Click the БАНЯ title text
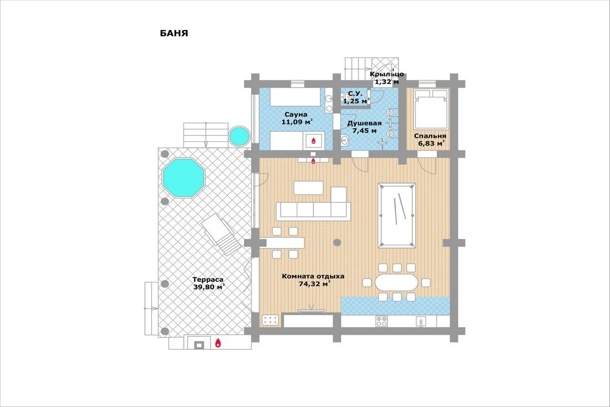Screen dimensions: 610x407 (x=174, y=34)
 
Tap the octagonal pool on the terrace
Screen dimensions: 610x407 (x=184, y=178)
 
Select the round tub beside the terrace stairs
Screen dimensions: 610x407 (x=239, y=136)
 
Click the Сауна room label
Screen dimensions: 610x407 (x=296, y=114)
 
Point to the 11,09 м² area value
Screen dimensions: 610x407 (x=297, y=122)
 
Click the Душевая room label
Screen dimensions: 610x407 (x=364, y=124)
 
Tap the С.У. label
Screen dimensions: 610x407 (x=355, y=94)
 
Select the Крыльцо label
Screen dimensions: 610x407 (x=387, y=74)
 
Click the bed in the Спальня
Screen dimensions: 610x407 (x=431, y=109)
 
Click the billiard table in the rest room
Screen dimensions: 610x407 (x=397, y=215)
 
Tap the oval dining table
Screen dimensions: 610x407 (x=396, y=282)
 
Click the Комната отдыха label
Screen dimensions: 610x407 (x=313, y=276)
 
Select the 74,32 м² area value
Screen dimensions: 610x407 (x=315, y=284)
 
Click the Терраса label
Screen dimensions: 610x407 (x=208, y=279)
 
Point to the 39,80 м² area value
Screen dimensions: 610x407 (x=209, y=287)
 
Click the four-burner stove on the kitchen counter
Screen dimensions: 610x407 (x=381, y=321)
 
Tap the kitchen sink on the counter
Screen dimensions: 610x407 (x=421, y=322)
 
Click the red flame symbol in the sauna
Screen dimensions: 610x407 (x=314, y=141)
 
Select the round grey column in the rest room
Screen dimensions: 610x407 (x=337, y=242)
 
